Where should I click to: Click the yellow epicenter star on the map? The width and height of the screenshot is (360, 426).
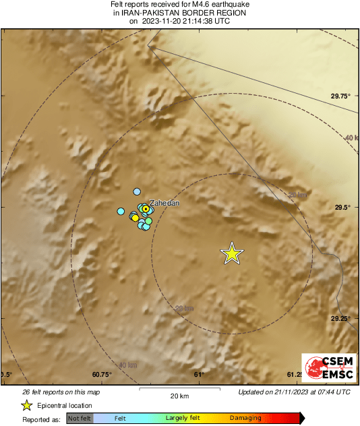pos(232,253)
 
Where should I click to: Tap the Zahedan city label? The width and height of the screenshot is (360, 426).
pos(164,202)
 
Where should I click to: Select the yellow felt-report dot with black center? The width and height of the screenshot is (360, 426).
pos(145,209)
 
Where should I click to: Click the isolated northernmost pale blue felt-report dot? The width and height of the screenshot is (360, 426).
pos(137,192)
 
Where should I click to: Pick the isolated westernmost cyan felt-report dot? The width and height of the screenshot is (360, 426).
pos(121,212)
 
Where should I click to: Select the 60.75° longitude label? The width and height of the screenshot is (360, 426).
pos(101,375)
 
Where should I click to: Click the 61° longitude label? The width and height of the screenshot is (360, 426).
pos(199,375)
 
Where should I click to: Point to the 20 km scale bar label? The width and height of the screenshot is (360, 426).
pos(179,396)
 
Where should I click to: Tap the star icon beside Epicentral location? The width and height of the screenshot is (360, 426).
pos(26,405)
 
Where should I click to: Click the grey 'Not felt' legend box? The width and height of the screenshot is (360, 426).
pos(80,419)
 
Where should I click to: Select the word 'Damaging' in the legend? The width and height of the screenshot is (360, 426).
pos(245,419)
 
